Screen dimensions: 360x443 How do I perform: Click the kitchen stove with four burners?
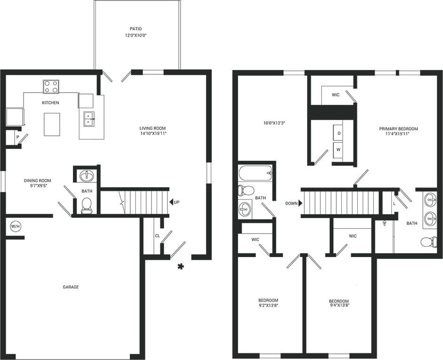pos(51,86)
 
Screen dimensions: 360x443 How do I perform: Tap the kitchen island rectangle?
pos(52,124)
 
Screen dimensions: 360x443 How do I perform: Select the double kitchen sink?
pos(89,119)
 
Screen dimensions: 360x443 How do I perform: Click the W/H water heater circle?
pos(16,227)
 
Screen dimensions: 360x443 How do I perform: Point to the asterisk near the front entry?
pos(180,267)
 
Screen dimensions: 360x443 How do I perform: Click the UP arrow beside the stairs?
pos(172,202)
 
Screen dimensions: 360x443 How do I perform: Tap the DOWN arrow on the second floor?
pos(300,203)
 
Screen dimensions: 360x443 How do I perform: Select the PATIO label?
pos(136,29)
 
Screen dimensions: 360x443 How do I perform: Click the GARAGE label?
pos(71,287)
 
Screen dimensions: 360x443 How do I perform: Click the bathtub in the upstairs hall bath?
pos(255,173)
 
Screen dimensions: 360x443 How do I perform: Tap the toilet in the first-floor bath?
pos(87,204)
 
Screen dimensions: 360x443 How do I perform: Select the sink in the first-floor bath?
pos(87,176)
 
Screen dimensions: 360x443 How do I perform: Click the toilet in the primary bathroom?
pos(427,242)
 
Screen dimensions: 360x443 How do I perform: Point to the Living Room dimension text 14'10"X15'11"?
pos(152,133)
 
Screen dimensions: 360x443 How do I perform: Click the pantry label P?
pos(17,137)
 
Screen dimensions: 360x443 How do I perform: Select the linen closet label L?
pos(394,203)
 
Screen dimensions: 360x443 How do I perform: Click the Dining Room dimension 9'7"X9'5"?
pos(38,186)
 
